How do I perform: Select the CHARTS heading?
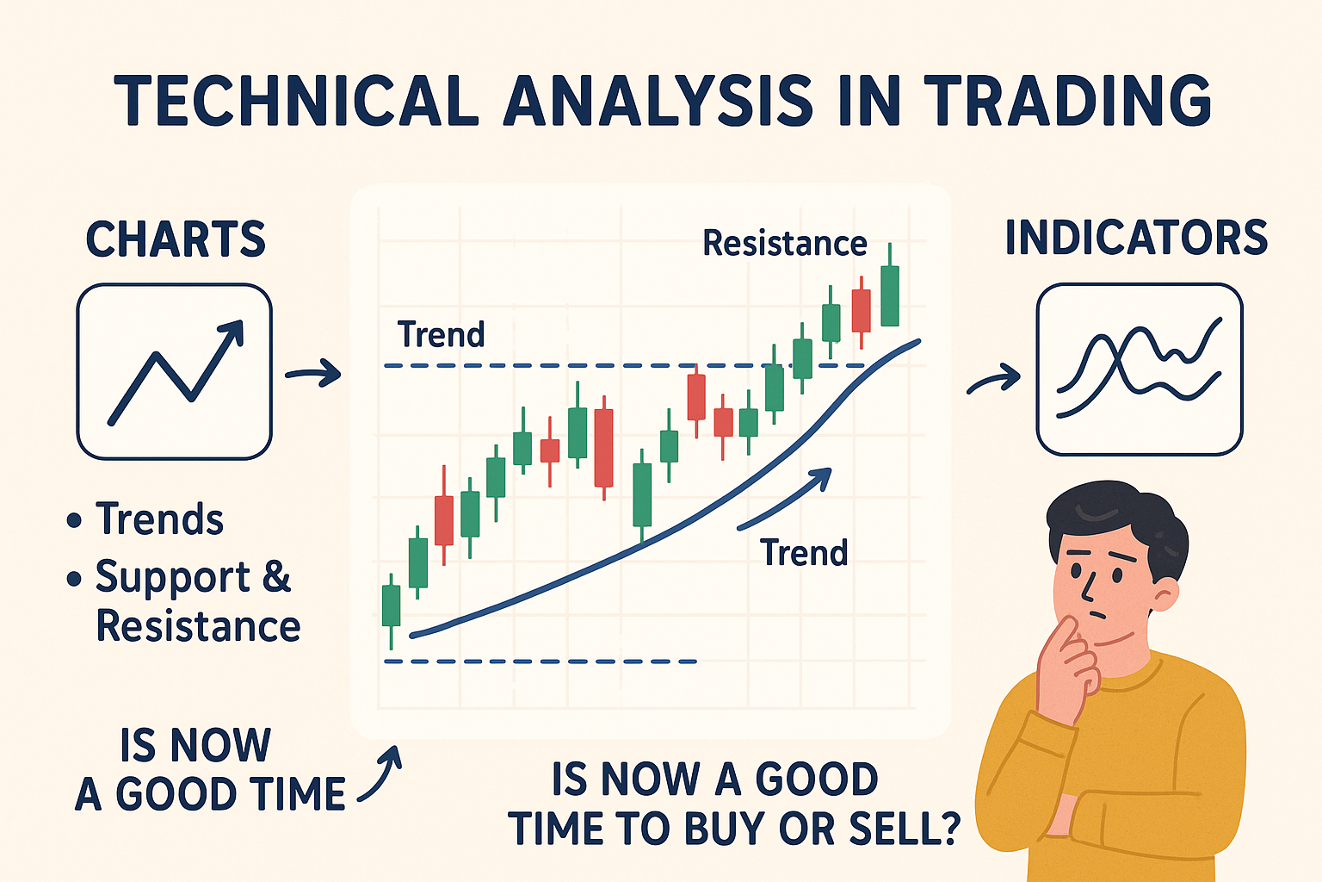[176, 239]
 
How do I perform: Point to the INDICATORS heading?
[1136, 238]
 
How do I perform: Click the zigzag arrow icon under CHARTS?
[175, 371]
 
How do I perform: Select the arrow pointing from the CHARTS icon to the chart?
[313, 374]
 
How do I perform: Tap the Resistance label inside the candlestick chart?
[784, 244]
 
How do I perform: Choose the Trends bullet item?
[159, 519]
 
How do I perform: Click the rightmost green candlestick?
[890, 295]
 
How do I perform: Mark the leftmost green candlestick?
[391, 605]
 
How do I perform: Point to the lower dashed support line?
[540, 661]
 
